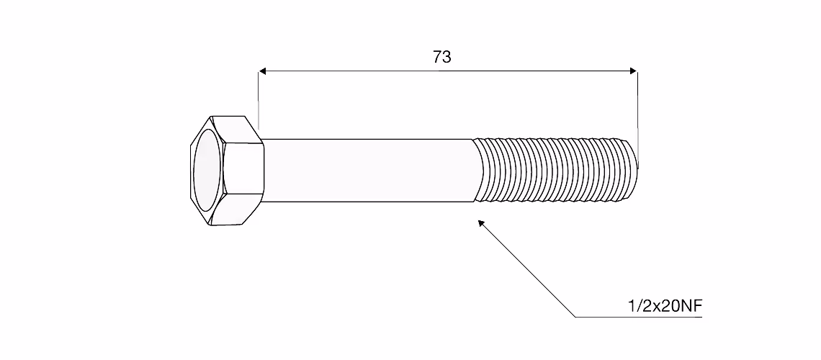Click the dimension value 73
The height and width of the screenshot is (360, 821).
click(442, 57)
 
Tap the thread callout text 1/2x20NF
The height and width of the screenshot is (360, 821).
click(665, 307)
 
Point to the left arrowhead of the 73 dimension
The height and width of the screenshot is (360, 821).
click(263, 71)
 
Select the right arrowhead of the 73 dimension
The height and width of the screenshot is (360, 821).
click(634, 71)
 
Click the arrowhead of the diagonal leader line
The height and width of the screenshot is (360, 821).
click(481, 223)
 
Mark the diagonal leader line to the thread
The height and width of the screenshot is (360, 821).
click(526, 269)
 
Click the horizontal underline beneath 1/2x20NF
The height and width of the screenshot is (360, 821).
click(639, 317)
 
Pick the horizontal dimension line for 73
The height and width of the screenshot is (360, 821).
click(448, 71)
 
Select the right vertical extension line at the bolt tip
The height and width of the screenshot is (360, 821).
click(638, 120)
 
